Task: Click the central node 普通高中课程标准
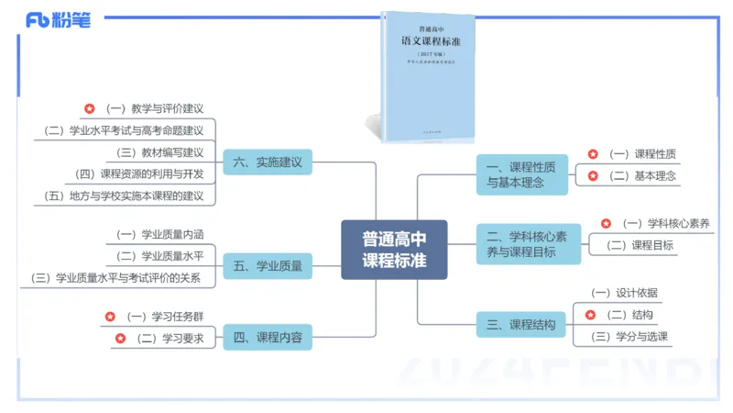pyautogui.click(x=394, y=249)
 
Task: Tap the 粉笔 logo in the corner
pyautogui.click(x=59, y=19)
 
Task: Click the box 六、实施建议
pyautogui.click(x=268, y=162)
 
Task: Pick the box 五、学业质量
pyautogui.click(x=268, y=267)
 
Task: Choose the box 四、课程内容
pyautogui.click(x=268, y=337)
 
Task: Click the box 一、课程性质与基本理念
pyautogui.click(x=521, y=174)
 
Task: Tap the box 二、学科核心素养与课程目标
pyautogui.click(x=528, y=244)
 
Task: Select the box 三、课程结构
pyautogui.click(x=520, y=324)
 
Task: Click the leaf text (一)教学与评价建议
pyautogui.click(x=155, y=108)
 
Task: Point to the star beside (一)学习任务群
pyautogui.click(x=110, y=317)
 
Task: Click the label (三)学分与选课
pyautogui.click(x=629, y=336)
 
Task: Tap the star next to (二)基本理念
pyautogui.click(x=593, y=175)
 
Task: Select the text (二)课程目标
pyautogui.click(x=640, y=245)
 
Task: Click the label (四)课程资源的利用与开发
pyautogui.click(x=140, y=173)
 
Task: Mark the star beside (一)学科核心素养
pyautogui.click(x=606, y=223)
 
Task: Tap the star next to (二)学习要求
pyautogui.click(x=120, y=339)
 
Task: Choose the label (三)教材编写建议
pyautogui.click(x=160, y=152)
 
